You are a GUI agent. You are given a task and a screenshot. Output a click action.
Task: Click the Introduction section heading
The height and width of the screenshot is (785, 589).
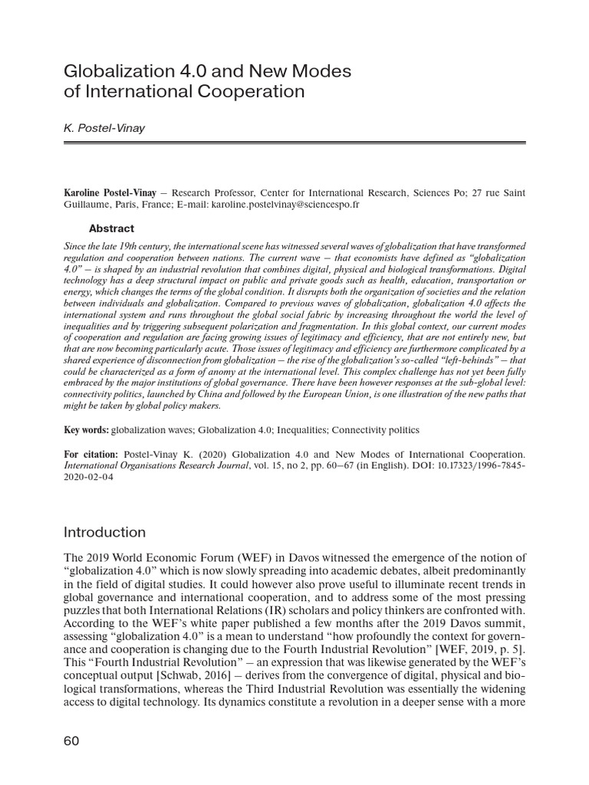pyautogui.click(x=105, y=532)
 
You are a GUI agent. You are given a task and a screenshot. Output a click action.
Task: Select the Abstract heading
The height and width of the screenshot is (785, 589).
pyautogui.click(x=111, y=228)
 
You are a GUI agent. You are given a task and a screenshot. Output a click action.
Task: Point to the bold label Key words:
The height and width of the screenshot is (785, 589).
pyautogui.click(x=86, y=431)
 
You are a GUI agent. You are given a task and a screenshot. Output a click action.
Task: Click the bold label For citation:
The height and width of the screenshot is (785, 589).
pyautogui.click(x=91, y=455)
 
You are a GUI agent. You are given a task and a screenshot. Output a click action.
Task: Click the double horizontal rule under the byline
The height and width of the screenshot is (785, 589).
pyautogui.click(x=294, y=143)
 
